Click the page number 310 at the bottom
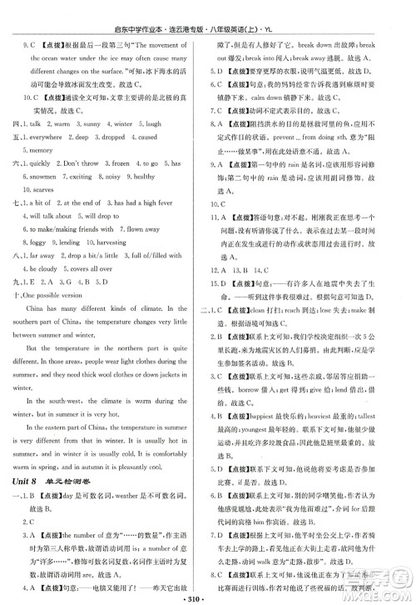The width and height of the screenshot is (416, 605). pos(207,597)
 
